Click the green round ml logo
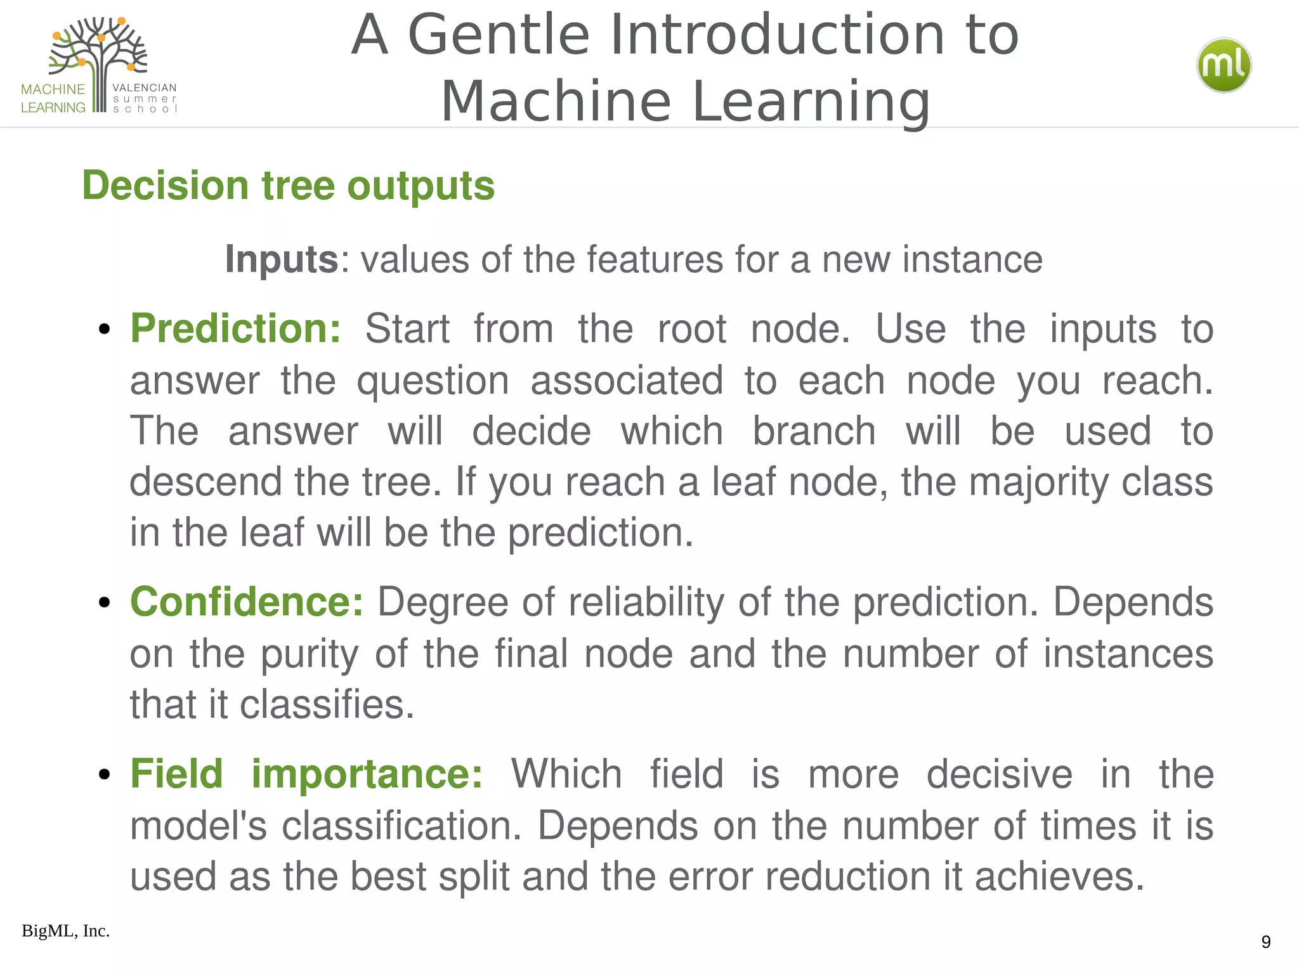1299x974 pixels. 1224,65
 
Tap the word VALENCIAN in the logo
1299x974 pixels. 144,88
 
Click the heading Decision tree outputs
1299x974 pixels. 288,186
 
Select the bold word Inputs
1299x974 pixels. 282,259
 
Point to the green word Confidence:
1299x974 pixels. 247,602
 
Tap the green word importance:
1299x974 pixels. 367,774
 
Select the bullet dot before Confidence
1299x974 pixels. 105,603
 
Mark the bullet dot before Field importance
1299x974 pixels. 105,775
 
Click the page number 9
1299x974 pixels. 1265,942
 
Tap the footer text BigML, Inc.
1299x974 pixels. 65,931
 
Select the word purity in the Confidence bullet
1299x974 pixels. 310,654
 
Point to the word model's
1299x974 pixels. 199,826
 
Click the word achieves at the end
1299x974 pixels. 1059,876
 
